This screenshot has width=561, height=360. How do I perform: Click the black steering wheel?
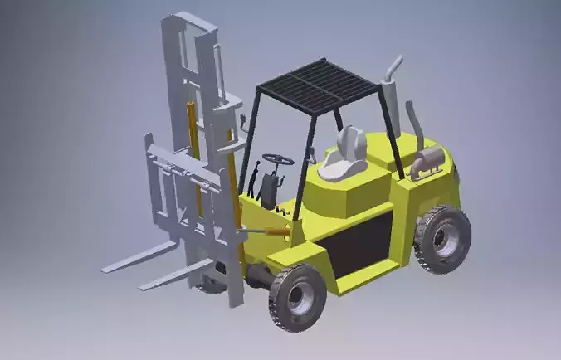[278, 158]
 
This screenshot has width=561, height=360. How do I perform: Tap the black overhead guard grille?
[319, 85]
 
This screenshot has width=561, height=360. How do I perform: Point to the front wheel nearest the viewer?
[296, 296]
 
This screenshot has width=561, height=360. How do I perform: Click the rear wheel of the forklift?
[442, 239]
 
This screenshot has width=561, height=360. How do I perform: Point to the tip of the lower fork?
[144, 287]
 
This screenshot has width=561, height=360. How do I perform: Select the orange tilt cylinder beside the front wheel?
[270, 231]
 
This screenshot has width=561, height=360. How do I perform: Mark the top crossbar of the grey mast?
[189, 21]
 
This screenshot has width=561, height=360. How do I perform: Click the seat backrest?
[352, 142]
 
